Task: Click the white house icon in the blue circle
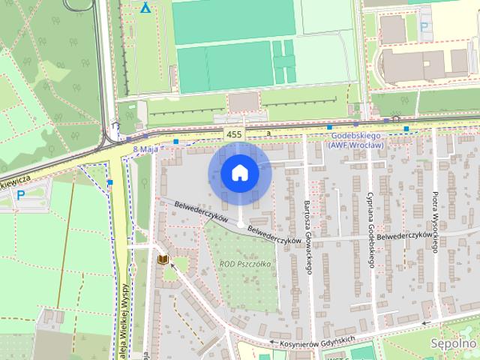pos(239,173)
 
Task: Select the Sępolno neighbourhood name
pos(454,343)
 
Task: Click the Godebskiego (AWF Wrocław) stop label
pos(357,140)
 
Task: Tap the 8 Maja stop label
pos(145,150)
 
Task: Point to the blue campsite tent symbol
pos(145,9)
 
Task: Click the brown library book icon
pos(163,259)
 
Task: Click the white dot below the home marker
pos(239,224)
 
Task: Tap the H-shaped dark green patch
pos(283,61)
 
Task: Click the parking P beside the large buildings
pos(424,28)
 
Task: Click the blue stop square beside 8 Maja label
pos(175,141)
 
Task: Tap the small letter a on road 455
pos(268,134)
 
